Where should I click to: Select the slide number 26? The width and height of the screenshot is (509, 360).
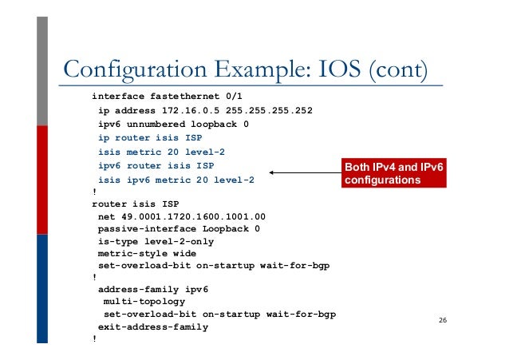443,321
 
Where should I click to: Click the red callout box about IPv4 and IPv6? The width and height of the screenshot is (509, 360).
393,174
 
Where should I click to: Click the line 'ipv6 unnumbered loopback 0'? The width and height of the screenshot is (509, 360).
173,125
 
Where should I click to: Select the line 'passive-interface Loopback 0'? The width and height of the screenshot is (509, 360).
179,228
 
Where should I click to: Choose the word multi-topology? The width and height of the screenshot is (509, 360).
144,303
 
